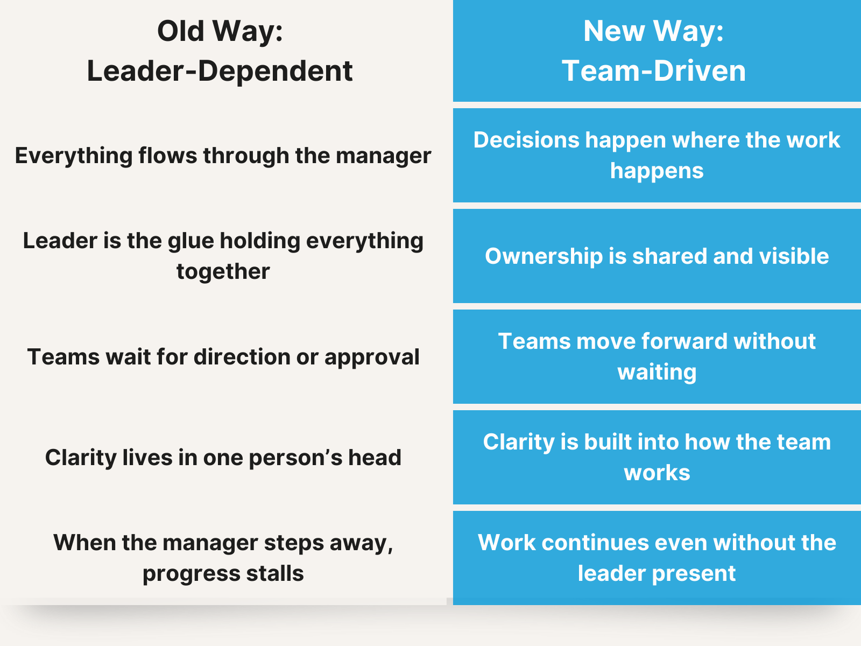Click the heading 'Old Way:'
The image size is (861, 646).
(x=220, y=31)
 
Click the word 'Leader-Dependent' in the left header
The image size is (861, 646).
(x=220, y=71)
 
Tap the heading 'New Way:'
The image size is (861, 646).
(x=653, y=31)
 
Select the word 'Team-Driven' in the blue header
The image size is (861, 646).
(x=653, y=71)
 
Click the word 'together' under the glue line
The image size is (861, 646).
(x=223, y=271)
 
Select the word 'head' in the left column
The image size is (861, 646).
(x=375, y=458)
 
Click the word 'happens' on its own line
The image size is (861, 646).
(x=657, y=171)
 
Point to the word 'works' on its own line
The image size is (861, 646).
(x=657, y=473)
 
